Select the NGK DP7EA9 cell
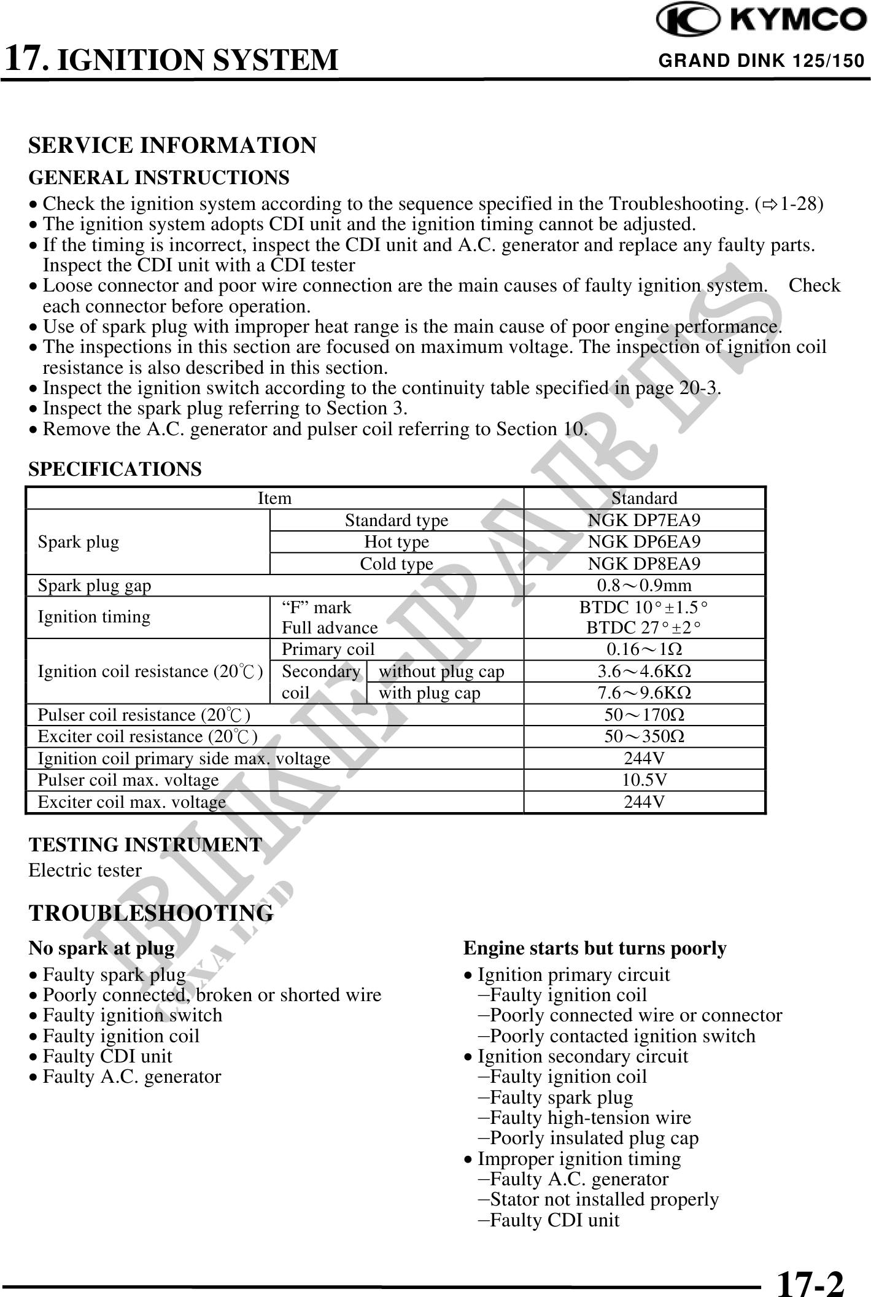click(x=644, y=521)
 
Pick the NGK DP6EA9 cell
click(x=644, y=542)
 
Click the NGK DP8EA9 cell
click(x=644, y=563)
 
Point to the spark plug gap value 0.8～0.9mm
click(x=644, y=586)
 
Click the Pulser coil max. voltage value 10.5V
click(x=644, y=780)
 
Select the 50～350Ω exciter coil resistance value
click(x=644, y=737)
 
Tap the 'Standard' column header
click(x=644, y=498)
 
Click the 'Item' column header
click(x=274, y=498)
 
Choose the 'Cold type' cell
click(x=397, y=563)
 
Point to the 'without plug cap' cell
click(x=441, y=672)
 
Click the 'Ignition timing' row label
click(x=94, y=617)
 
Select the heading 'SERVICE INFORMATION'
click(x=172, y=145)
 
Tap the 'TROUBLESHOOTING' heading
click(x=151, y=913)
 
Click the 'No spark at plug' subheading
click(x=101, y=948)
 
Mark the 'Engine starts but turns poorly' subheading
click(x=595, y=948)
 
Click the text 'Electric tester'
click(x=85, y=870)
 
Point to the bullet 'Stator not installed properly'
click(x=604, y=1199)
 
